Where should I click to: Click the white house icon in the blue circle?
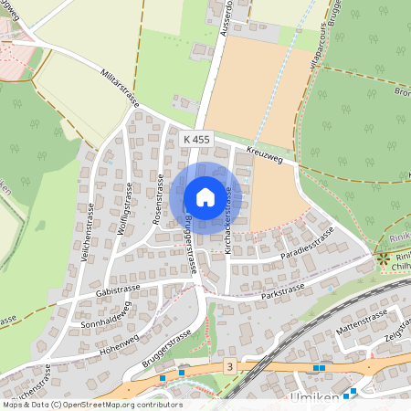(x=205, y=197)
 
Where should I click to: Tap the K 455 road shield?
(x=196, y=139)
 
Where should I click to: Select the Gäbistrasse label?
(x=117, y=290)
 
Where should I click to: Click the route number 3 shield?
(x=229, y=366)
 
